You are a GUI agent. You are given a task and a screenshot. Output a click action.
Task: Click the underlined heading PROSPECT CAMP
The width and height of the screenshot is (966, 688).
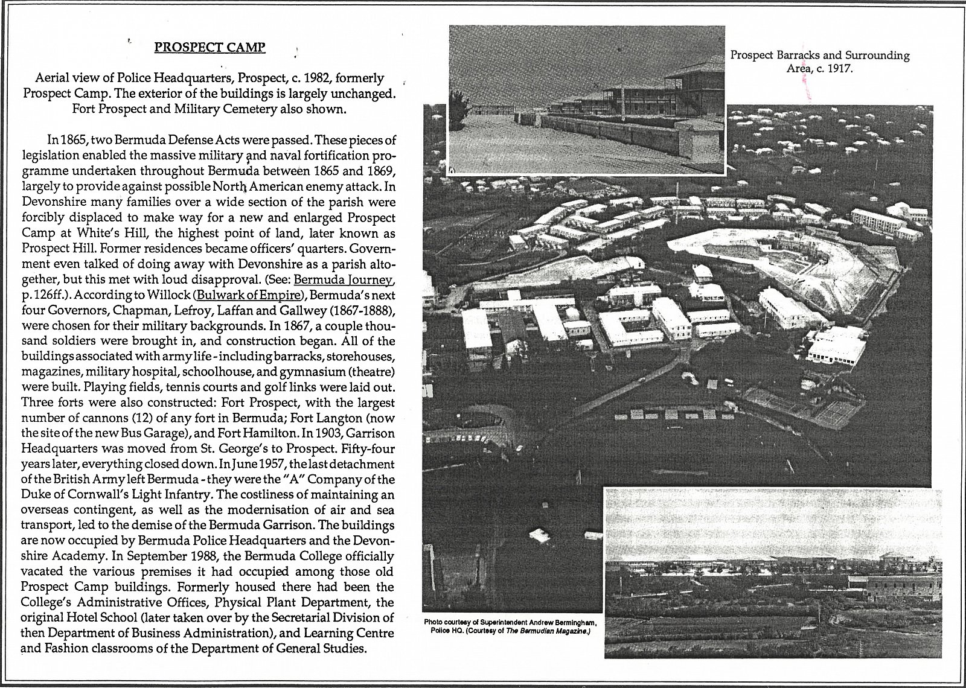[x=210, y=47]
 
